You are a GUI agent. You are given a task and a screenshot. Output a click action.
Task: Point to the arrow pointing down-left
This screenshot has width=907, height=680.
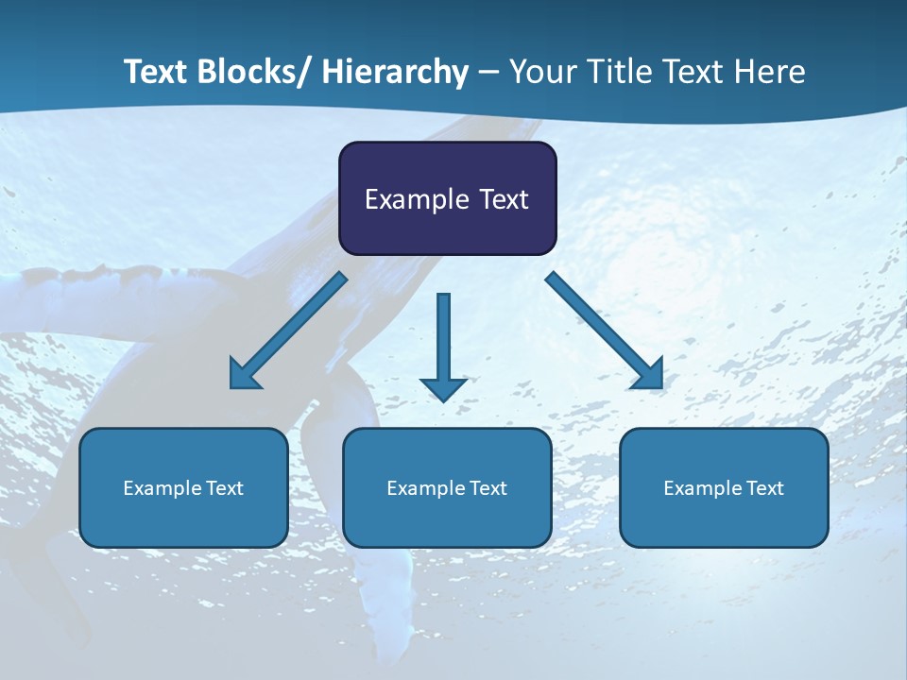pyautogui.click(x=288, y=331)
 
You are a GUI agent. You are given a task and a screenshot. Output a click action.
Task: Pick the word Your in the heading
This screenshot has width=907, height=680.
pyautogui.click(x=541, y=72)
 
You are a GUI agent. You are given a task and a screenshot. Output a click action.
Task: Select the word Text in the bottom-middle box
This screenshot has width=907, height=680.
pyautogui.click(x=488, y=488)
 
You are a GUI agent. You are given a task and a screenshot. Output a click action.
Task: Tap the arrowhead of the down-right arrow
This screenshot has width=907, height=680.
pyautogui.click(x=648, y=374)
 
